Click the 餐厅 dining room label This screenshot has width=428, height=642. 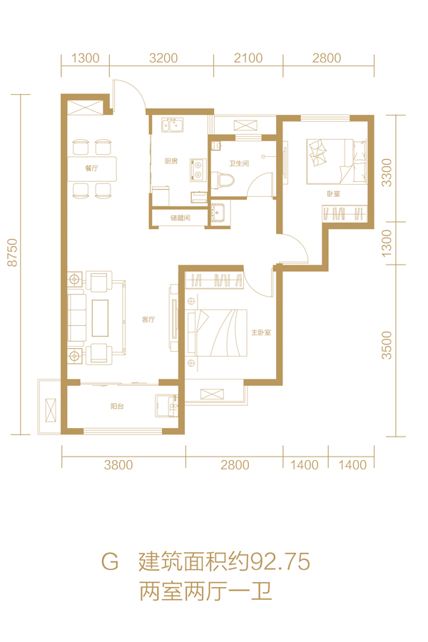(x=91, y=168)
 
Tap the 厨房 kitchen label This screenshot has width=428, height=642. (x=171, y=161)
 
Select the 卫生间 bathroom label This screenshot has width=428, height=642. (x=239, y=163)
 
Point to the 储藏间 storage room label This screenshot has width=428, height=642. (x=180, y=218)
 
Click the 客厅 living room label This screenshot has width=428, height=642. (x=148, y=320)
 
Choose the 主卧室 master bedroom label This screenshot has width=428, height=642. (x=261, y=332)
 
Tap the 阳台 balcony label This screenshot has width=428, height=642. (x=117, y=406)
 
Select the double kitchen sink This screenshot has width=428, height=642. (x=173, y=125)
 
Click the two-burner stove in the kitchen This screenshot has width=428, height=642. (x=198, y=170)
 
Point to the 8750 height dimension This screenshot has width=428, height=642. (x=13, y=253)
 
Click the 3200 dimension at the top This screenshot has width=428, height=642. (x=163, y=58)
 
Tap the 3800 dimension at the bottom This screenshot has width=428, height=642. (x=118, y=464)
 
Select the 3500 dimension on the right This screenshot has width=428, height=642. (x=387, y=345)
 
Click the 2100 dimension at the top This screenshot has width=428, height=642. (x=248, y=58)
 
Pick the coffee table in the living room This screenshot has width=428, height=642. (x=101, y=317)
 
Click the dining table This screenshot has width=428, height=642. (x=92, y=168)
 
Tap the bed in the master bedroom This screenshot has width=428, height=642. (x=217, y=332)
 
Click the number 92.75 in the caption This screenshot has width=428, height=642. (x=280, y=561)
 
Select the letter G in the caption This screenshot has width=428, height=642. (x=110, y=562)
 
